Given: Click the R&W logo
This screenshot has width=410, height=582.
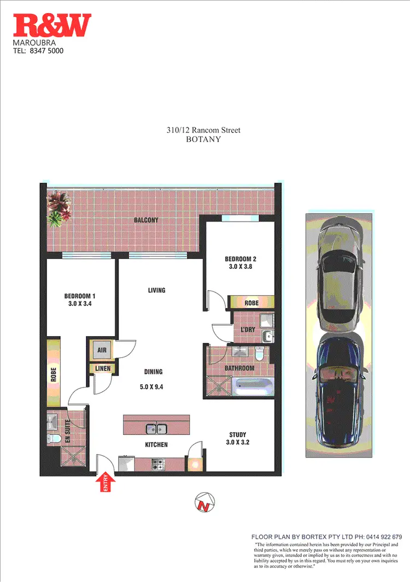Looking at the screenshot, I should [x=52, y=26].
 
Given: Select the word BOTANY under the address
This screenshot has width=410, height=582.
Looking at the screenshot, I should [x=203, y=139].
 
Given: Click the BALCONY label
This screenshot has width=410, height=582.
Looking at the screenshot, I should [x=146, y=220].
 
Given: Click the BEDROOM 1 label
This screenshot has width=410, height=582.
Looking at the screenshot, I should [x=80, y=297].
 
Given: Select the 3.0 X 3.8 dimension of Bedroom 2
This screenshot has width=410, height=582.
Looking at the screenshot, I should [x=241, y=267].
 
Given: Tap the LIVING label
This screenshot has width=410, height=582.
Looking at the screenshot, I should [x=156, y=290].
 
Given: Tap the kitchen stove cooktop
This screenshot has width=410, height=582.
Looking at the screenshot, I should [x=158, y=465].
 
